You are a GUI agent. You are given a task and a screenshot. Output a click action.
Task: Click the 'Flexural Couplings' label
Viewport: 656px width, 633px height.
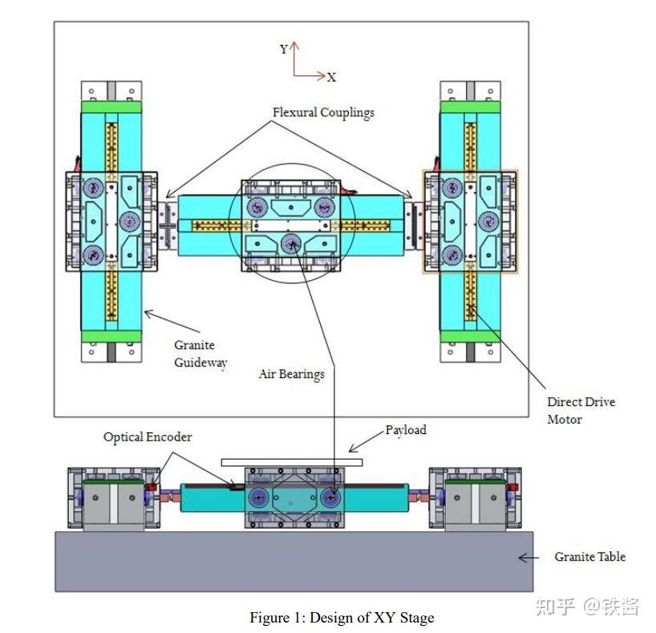coord(323,113)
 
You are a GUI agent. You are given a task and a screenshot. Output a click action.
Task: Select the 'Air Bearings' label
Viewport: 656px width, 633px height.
coord(291,374)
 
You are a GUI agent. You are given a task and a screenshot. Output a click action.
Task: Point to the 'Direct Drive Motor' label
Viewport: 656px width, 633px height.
coord(581,410)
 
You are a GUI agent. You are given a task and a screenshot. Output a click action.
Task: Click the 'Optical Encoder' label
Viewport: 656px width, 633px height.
coord(148,437)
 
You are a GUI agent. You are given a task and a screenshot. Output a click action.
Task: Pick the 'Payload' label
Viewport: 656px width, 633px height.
coord(406,430)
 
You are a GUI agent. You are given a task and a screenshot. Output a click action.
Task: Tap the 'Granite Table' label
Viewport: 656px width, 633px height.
coord(589,557)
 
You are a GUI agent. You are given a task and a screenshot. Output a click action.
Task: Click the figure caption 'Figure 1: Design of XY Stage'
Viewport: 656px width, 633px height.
coord(342,618)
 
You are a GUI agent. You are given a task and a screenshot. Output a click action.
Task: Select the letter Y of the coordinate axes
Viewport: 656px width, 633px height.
coord(284,50)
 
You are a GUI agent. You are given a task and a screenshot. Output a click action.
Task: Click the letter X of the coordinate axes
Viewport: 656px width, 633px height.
coord(331,78)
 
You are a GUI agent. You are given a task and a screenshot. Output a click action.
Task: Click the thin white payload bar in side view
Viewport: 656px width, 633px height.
coord(292,462)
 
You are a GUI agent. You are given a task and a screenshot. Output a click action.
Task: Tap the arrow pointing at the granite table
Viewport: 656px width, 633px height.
coord(527,558)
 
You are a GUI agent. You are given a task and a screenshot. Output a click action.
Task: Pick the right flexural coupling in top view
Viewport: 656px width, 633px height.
coord(413,225)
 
